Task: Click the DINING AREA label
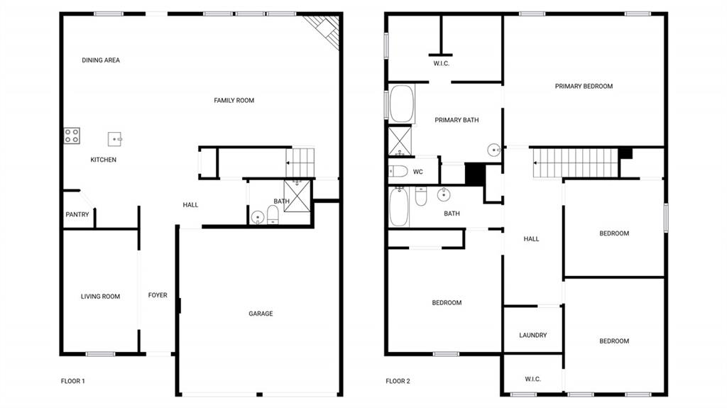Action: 101,60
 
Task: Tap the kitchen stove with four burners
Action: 72,136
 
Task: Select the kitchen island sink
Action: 115,139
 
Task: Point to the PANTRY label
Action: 77,214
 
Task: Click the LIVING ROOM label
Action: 100,297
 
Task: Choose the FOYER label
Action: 158,295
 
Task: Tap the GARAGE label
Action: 261,314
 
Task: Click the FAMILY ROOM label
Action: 234,101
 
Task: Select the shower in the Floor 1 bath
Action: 297,196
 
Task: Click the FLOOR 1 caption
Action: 73,381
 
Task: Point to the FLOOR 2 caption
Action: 398,381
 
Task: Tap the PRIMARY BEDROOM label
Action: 584,87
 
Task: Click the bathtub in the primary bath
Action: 402,104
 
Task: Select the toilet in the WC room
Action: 399,171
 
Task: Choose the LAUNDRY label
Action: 532,336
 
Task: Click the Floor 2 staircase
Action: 576,163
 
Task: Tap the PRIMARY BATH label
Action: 457,120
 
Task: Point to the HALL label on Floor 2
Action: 531,239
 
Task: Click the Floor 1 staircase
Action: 300,162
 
